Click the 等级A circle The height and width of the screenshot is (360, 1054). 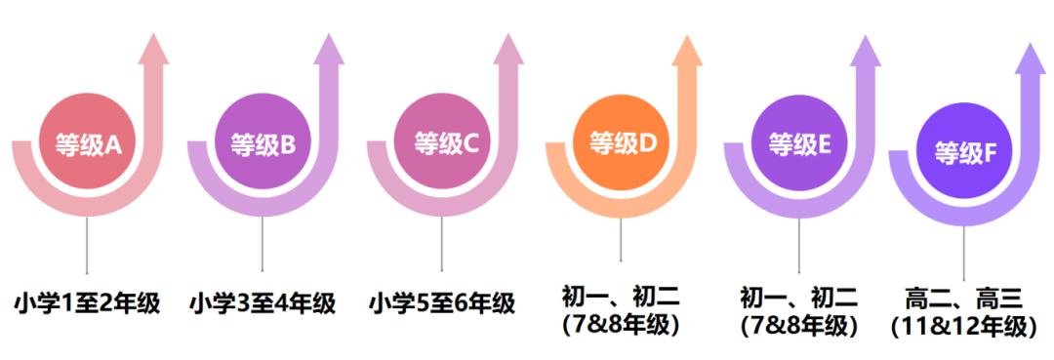(x=87, y=144)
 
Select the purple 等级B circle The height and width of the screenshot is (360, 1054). (x=262, y=145)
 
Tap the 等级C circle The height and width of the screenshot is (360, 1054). (x=442, y=144)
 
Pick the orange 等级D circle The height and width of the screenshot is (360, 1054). (x=622, y=143)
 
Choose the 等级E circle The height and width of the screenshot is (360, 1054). (x=799, y=144)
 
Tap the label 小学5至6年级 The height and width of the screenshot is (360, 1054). (x=442, y=302)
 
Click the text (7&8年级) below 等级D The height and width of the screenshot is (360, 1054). (x=621, y=325)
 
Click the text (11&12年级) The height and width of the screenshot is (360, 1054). (x=964, y=326)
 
